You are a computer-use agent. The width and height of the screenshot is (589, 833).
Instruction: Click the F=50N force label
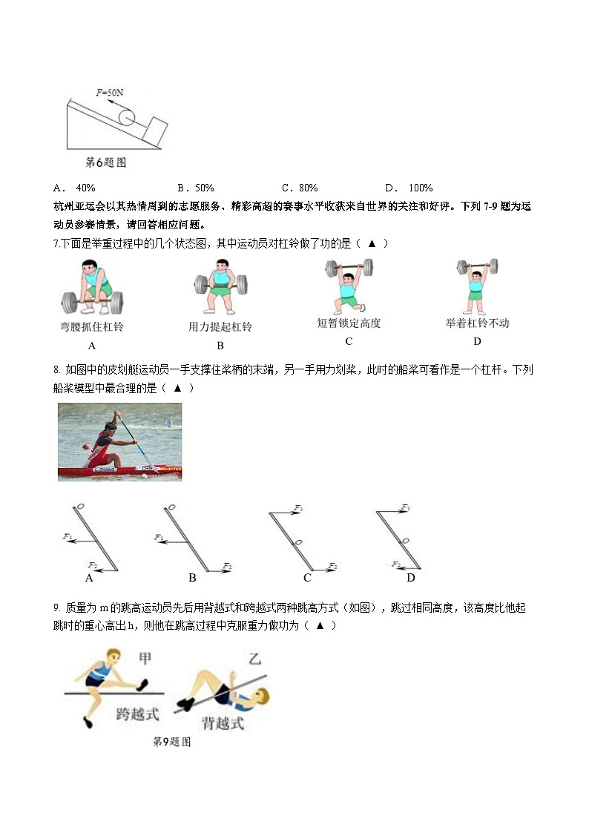[x=110, y=93]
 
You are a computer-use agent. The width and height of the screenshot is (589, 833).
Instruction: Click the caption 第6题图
[x=105, y=162]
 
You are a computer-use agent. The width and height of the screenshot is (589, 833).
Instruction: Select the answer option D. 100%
[x=409, y=188]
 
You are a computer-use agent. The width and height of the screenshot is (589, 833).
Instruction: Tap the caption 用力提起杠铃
[x=220, y=326]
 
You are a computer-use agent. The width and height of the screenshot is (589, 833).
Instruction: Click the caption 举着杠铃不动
[x=477, y=323]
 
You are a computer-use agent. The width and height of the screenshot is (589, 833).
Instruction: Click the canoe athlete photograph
[x=119, y=441]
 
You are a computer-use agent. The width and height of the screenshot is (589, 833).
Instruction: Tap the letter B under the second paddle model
[x=192, y=578]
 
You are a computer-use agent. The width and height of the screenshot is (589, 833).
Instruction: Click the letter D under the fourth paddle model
[x=410, y=578]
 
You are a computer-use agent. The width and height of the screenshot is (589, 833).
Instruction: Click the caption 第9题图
[x=171, y=742]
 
